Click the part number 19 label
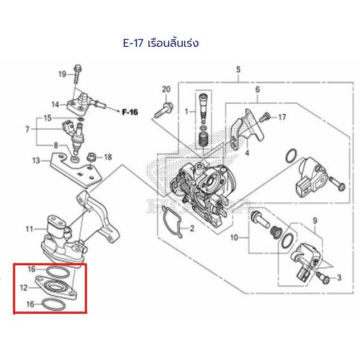[62, 74]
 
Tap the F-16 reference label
[130, 112]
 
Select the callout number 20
[166, 89]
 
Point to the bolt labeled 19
[77, 74]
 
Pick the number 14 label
[55, 105]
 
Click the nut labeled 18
[91, 158]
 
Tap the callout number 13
[36, 160]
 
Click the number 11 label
[30, 229]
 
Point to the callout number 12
[23, 288]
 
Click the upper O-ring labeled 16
[59, 272]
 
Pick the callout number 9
[315, 221]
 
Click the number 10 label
[234, 237]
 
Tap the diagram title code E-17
[133, 43]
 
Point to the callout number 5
[238, 69]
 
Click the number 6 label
[257, 89]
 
